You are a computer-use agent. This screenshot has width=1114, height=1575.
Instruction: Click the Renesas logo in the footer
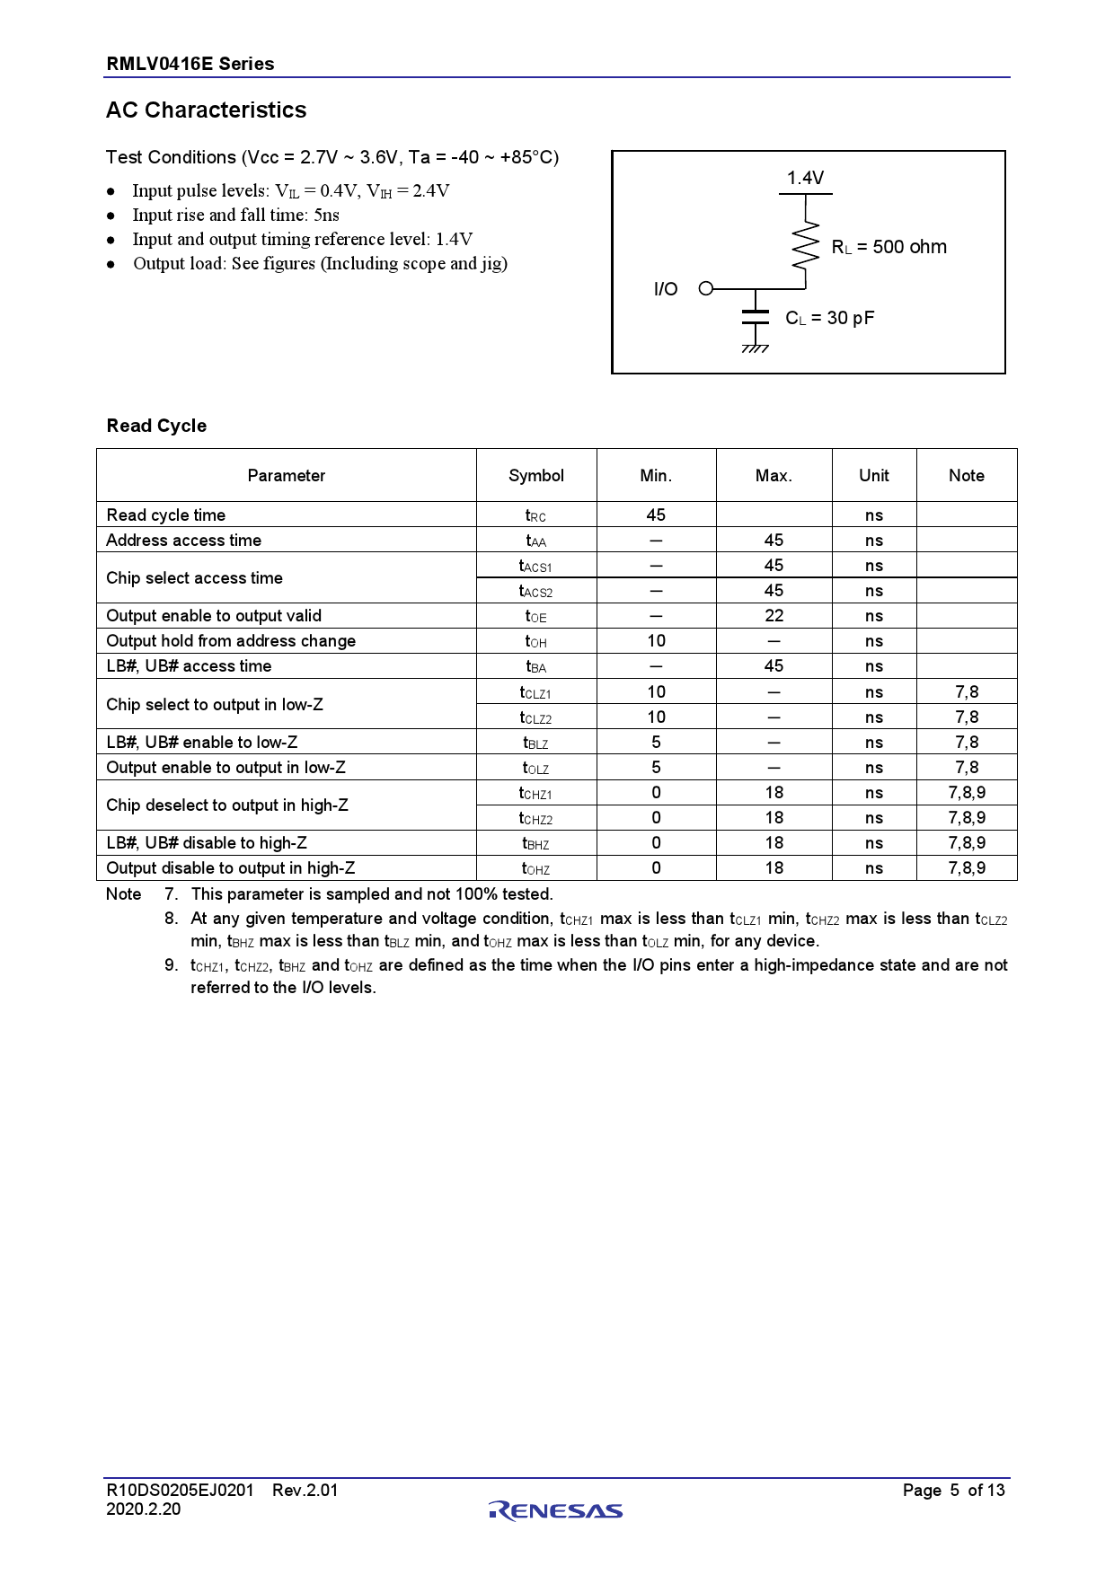556,1510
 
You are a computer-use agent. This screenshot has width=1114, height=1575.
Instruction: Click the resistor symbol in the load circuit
806,244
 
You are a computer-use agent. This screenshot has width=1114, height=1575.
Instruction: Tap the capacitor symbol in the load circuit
756,316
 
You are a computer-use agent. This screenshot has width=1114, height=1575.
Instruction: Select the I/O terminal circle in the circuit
705,288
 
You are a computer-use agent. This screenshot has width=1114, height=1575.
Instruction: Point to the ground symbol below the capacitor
756,348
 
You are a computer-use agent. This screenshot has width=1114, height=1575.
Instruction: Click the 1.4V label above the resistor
805,178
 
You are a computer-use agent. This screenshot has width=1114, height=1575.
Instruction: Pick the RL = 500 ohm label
889,247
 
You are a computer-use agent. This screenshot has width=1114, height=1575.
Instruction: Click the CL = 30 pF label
829,318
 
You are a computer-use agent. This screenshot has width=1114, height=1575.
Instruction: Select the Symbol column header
536,475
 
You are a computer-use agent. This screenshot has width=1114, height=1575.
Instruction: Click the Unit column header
873,475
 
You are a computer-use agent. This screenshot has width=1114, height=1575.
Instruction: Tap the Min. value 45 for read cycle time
656,515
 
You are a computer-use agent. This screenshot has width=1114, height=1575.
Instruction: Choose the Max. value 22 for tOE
774,615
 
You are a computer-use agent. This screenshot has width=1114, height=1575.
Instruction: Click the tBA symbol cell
536,666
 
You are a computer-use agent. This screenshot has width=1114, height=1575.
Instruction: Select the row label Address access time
184,540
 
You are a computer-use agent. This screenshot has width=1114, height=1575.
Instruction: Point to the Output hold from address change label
231,640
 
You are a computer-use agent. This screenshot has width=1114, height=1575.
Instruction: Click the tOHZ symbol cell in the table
536,868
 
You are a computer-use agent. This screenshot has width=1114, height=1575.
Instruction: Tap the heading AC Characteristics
207,110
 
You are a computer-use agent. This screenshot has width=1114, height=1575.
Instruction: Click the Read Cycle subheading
156,426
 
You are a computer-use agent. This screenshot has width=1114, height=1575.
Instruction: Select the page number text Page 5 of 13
953,1490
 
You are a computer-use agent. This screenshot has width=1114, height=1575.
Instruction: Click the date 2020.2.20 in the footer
144,1509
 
